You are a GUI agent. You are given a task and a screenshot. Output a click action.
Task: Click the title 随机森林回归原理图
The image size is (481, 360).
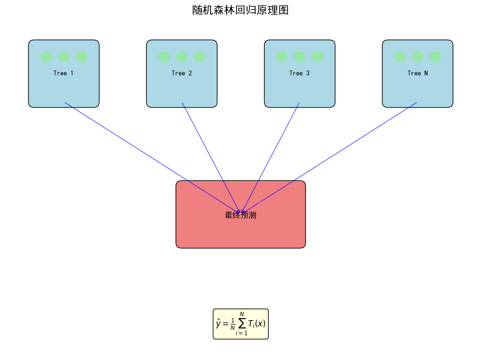(240, 10)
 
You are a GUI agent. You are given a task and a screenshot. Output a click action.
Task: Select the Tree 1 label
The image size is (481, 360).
(64, 73)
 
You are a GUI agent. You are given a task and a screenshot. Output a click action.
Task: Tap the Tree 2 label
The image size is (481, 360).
(181, 73)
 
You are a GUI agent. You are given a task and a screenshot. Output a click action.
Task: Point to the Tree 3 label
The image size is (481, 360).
(299, 73)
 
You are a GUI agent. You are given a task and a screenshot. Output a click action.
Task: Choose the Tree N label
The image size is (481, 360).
(417, 73)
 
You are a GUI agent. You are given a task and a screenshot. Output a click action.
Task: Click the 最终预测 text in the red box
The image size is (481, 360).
(240, 215)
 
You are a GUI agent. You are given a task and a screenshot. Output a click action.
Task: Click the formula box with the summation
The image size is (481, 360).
(240, 324)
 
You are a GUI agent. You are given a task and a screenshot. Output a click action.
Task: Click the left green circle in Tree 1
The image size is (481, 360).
(46, 57)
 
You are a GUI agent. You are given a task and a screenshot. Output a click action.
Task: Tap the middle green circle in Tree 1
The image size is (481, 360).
(64, 57)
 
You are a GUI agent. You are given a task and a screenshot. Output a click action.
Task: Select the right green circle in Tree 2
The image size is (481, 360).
(199, 57)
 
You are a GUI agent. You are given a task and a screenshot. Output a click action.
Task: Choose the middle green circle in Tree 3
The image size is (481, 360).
(300, 57)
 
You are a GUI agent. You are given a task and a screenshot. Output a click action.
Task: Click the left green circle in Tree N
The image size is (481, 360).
(400, 57)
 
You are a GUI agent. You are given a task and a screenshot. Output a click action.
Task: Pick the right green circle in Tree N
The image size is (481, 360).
(435, 57)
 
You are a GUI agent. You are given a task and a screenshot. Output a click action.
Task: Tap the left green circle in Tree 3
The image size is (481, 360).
(282, 57)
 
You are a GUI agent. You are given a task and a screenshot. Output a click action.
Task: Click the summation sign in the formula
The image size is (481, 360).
(242, 324)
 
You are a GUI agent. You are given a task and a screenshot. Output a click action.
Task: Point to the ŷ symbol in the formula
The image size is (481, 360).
(219, 324)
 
